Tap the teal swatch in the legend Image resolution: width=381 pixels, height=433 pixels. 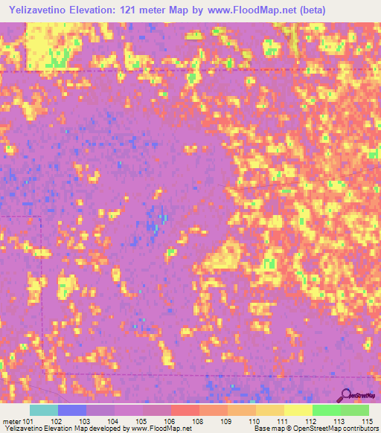44,410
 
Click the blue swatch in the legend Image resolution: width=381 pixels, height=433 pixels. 72,410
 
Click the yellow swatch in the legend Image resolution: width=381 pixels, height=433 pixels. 298,410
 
